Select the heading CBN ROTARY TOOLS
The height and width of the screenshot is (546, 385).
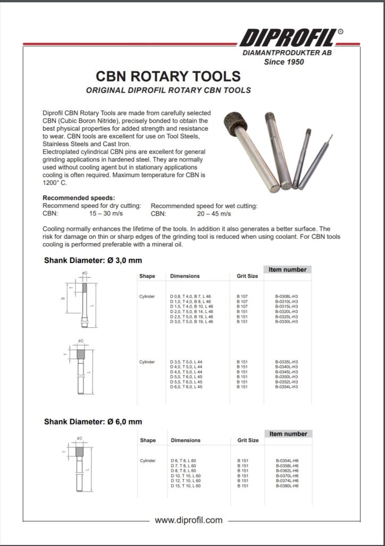[168, 76]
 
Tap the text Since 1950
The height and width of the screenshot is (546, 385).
[284, 62]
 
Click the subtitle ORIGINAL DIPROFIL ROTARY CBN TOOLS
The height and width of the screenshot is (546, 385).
[168, 91]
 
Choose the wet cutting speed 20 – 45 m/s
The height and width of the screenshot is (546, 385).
[214, 213]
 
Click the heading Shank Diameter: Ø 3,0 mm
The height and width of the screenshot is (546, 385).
[93, 261]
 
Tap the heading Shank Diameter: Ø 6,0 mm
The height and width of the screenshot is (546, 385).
[93, 421]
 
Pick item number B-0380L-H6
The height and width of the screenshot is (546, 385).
[287, 486]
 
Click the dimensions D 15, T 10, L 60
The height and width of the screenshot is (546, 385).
[186, 486]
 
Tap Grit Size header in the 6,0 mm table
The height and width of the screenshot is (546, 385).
[248, 440]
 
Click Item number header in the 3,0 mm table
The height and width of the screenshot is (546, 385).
[288, 270]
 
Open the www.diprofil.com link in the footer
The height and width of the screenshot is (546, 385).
[188, 520]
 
